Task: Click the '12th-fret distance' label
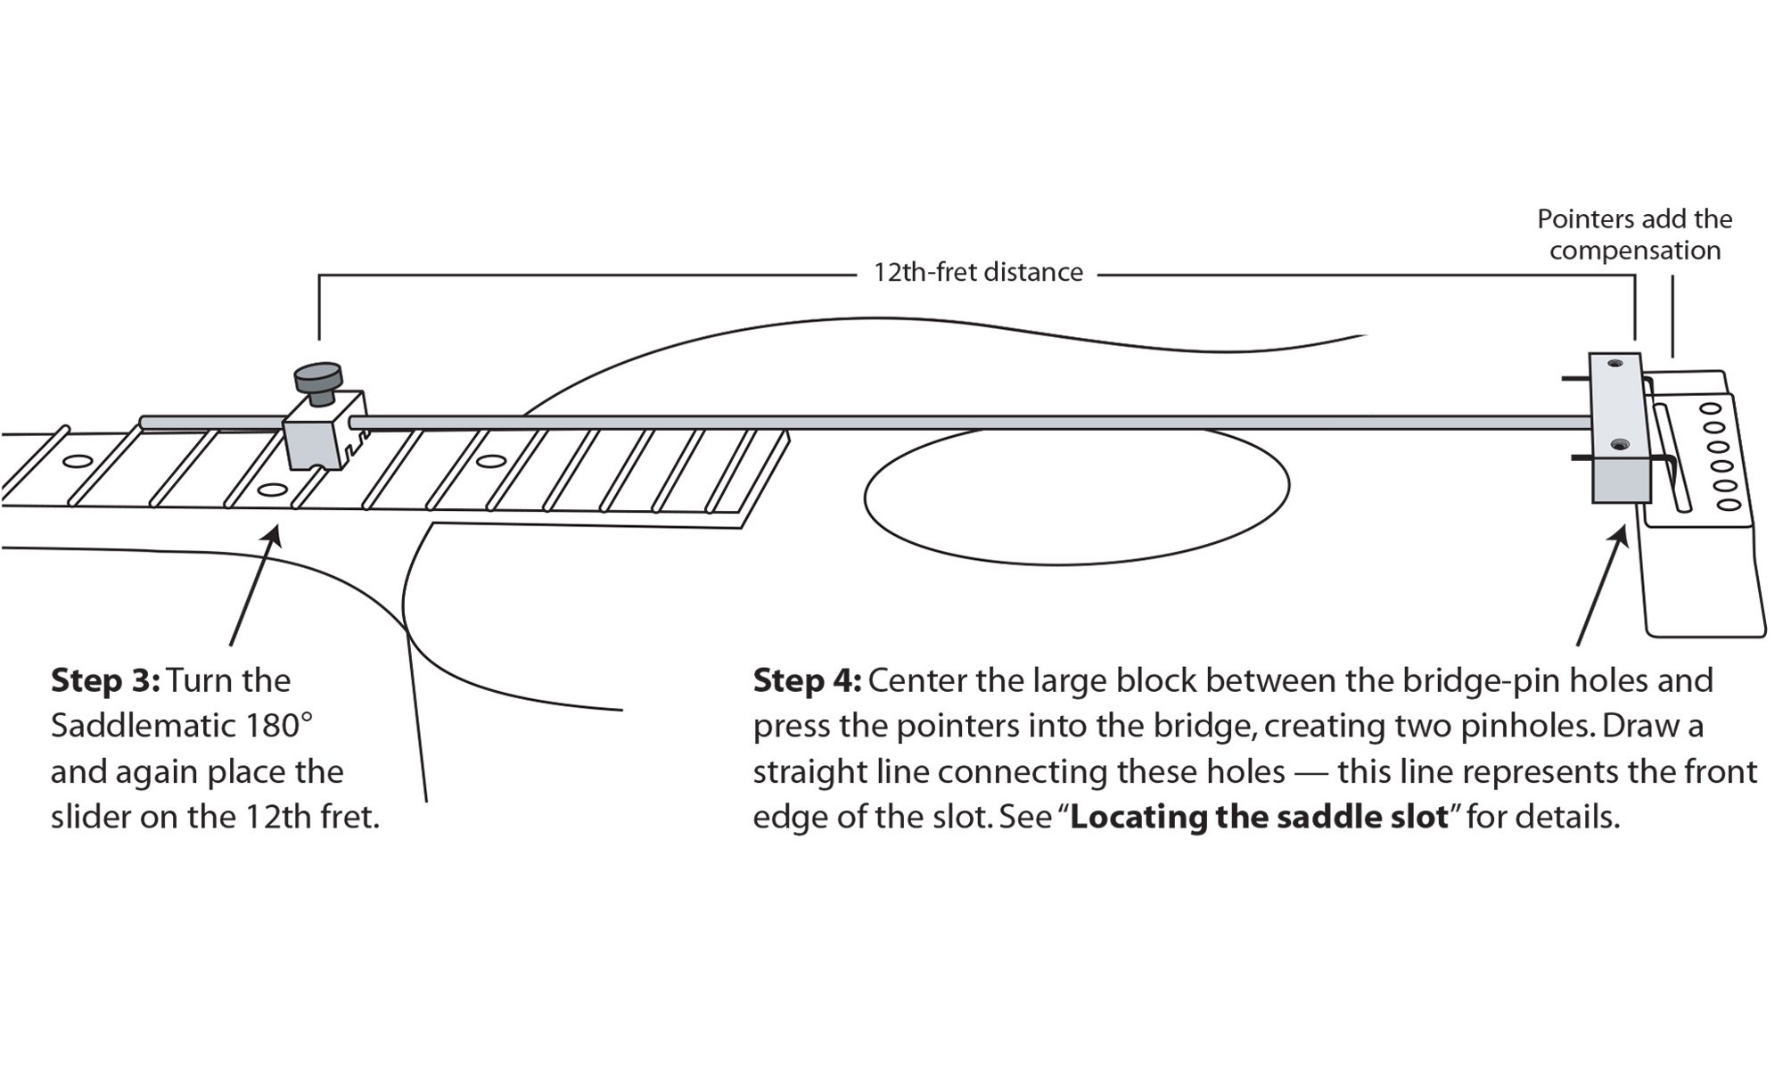pos(978,272)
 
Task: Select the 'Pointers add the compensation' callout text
pos(1635,235)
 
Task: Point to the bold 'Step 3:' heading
pos(105,680)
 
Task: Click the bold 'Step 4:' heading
pos(808,680)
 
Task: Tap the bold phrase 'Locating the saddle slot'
pos(1259,817)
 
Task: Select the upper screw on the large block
pos(1615,365)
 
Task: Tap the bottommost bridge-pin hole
pos(1729,505)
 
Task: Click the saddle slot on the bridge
pos(1672,457)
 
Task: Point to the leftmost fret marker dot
pos(77,462)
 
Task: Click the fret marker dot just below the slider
pos(271,490)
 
